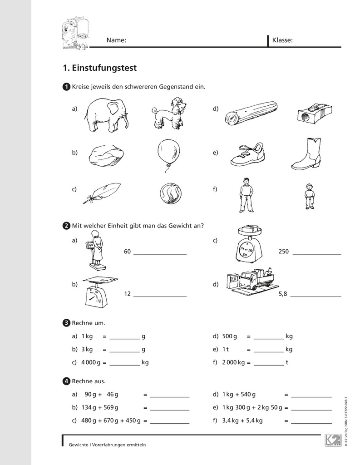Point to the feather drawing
(102, 193)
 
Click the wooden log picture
(251, 113)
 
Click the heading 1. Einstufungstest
(99, 68)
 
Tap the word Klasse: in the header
(282, 40)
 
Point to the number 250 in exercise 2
(284, 252)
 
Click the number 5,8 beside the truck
(283, 294)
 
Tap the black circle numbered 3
(66, 323)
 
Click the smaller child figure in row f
(310, 196)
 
